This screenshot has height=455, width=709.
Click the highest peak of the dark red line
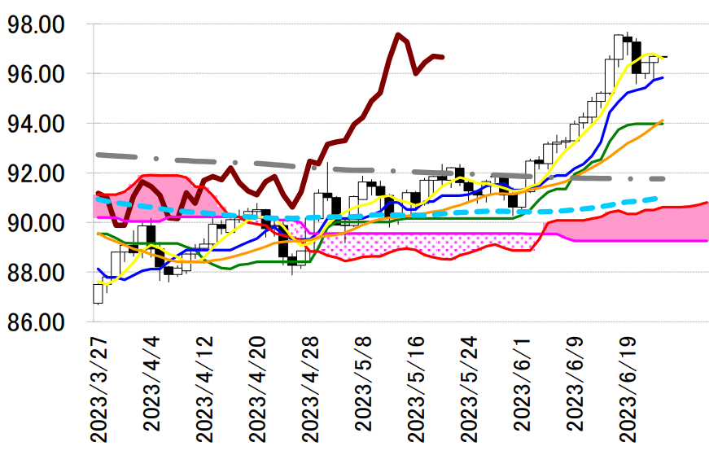pyautogui.click(x=397, y=34)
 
